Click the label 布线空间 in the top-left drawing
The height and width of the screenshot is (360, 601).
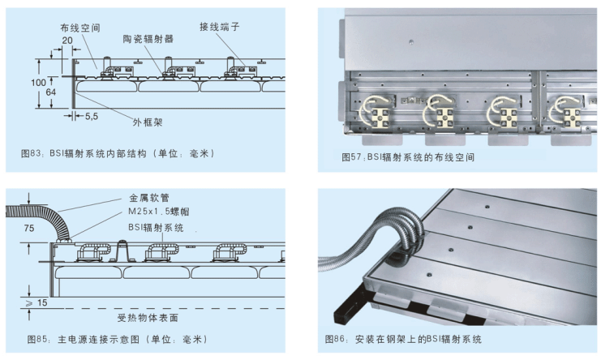point(80,28)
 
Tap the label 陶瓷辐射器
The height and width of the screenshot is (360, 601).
point(148,39)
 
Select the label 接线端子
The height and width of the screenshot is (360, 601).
point(219,27)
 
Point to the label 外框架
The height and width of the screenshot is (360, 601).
point(148,122)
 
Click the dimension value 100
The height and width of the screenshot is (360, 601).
point(38,83)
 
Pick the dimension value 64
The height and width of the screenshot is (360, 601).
point(50,92)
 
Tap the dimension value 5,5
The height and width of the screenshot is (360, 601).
point(91,116)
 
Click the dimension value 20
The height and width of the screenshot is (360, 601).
point(67,41)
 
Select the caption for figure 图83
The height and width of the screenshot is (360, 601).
point(118,153)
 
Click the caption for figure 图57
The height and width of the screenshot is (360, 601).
point(408,157)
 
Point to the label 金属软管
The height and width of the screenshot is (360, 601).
point(148,198)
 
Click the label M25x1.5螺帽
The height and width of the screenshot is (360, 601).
point(159,212)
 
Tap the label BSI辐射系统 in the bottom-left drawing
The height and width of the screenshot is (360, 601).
point(156,228)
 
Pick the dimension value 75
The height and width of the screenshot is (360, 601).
point(28,229)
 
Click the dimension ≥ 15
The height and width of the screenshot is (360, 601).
point(36,303)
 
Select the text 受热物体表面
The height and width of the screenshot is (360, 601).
point(148,318)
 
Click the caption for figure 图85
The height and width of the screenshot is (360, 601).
point(117,339)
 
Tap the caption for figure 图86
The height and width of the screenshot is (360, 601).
point(403,339)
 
